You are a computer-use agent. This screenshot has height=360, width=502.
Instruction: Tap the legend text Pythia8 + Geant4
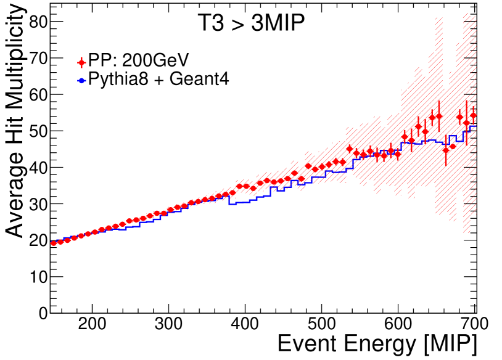pyautogui.click(x=158, y=80)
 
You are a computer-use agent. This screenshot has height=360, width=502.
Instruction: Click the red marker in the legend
pyautogui.click(x=81, y=62)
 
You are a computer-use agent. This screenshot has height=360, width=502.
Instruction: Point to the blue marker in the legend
pyautogui.click(x=81, y=80)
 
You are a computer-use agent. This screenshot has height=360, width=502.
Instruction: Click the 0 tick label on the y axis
pyautogui.click(x=42, y=313)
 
